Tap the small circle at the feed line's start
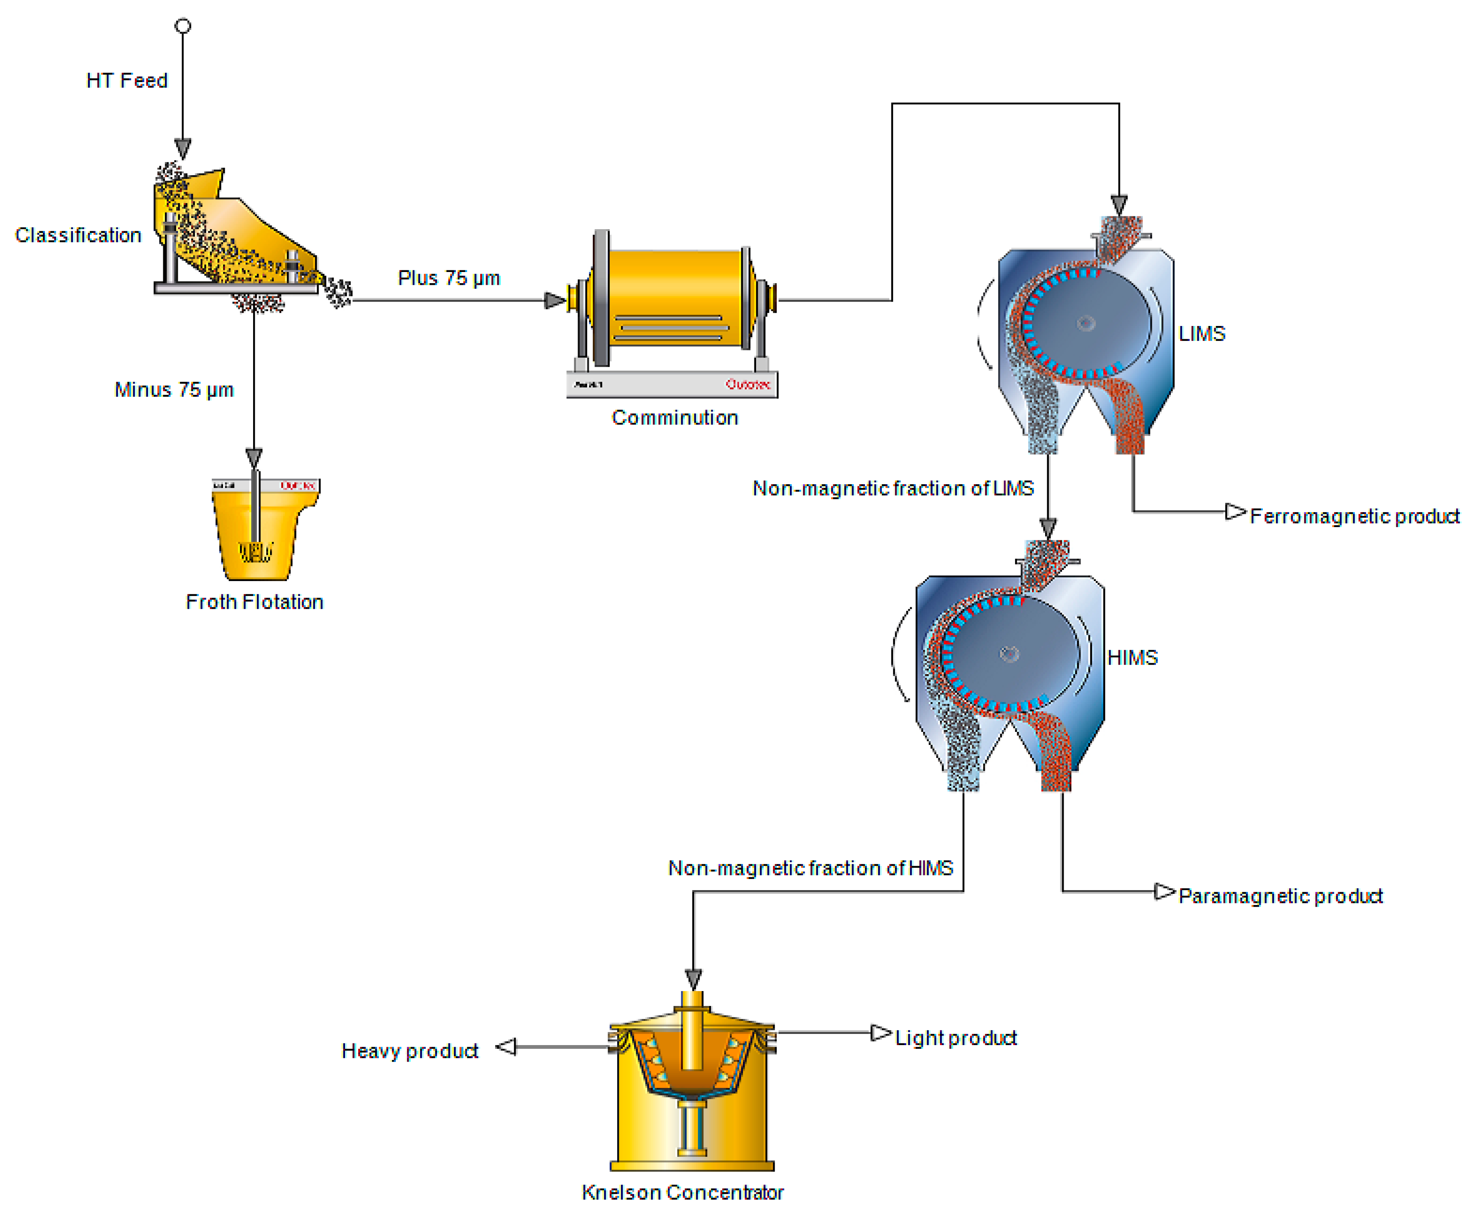tap(183, 26)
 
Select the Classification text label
tap(78, 235)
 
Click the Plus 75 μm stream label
tap(449, 278)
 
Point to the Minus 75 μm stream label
tap(174, 390)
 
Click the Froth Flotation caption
tap(254, 602)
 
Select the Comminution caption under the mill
tap(674, 418)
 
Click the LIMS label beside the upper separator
tap(1201, 333)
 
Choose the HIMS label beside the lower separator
tap(1132, 658)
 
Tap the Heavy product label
tap(409, 1051)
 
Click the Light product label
tap(955, 1038)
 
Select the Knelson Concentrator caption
tap(682, 1192)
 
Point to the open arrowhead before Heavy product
tap(507, 1047)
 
